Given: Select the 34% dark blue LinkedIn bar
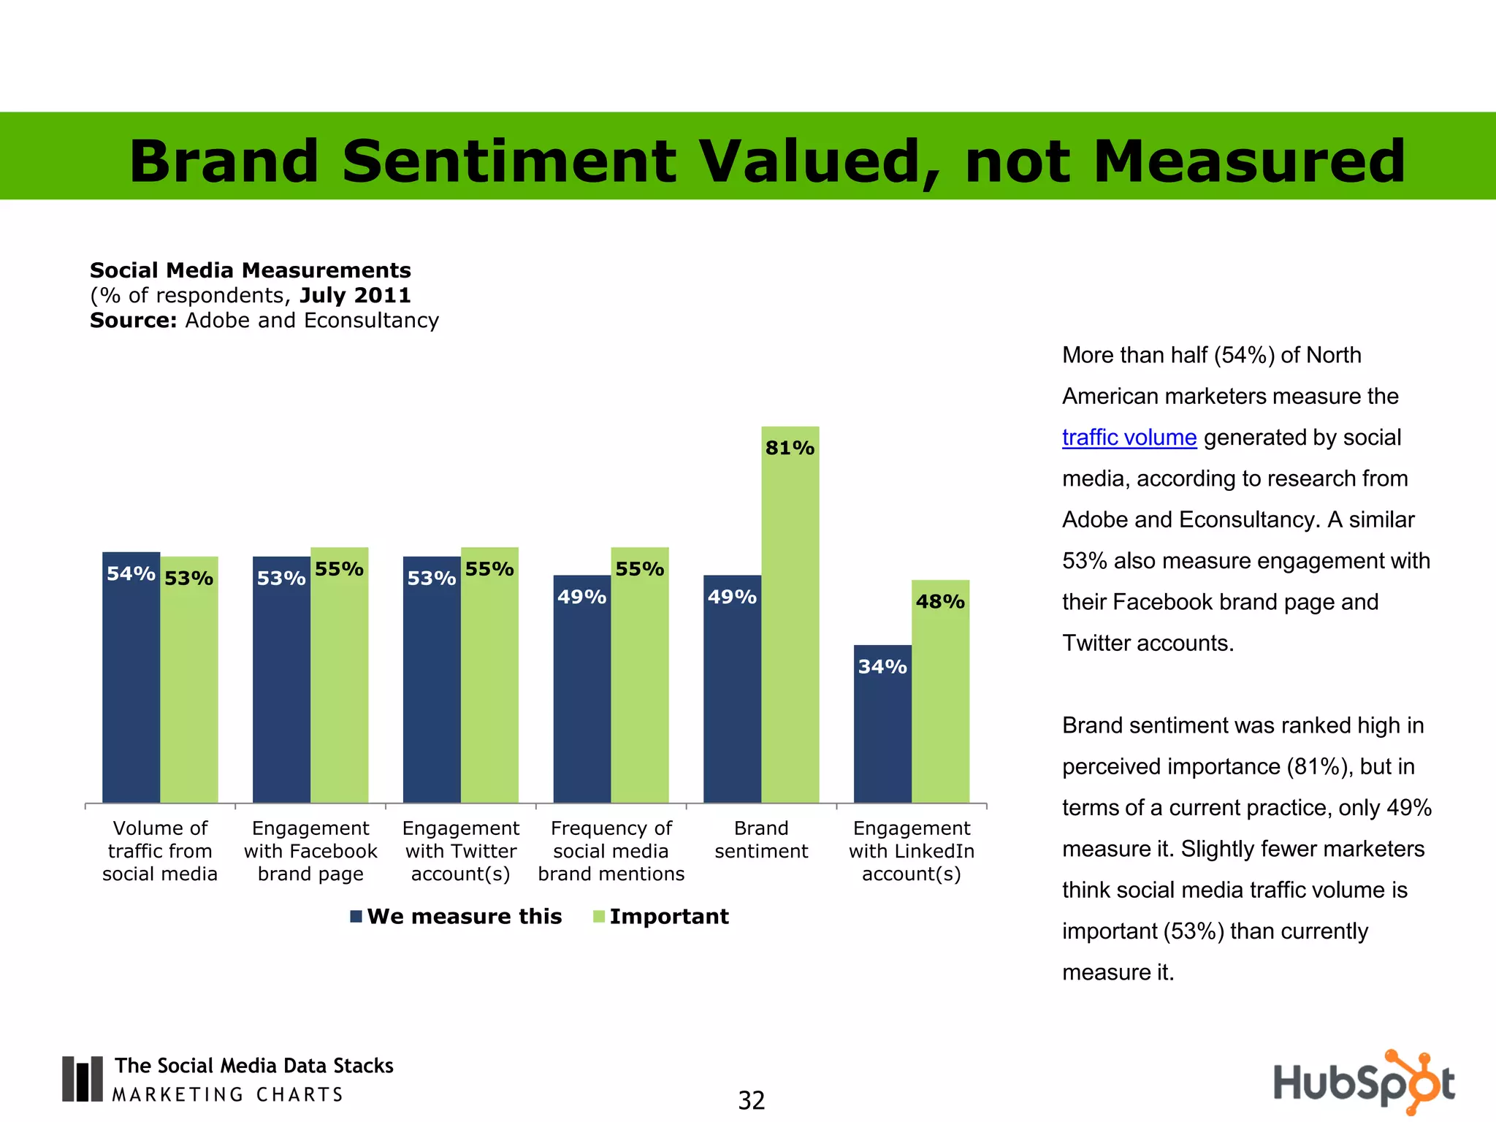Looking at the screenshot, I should (882, 730).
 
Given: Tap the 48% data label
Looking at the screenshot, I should (940, 602).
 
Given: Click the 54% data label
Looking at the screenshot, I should (131, 574).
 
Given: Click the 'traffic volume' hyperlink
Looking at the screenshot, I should (1129, 438).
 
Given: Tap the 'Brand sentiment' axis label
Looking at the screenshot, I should (761, 840).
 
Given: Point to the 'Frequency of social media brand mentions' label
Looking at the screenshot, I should (611, 851).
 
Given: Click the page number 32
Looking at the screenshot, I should (751, 1100).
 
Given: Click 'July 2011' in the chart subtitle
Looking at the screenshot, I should (355, 295).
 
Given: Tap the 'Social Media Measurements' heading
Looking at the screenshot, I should (250, 270).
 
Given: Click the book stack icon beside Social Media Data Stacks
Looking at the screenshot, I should (82, 1078).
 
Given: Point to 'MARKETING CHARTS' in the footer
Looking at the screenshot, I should (227, 1095).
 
